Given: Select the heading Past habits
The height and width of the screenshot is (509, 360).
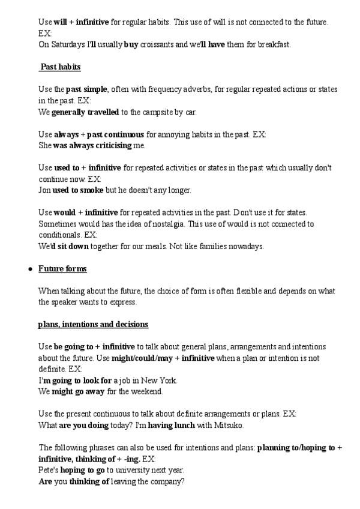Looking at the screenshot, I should tap(61, 66).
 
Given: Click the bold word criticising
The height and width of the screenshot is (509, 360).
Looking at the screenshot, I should tap(124, 145).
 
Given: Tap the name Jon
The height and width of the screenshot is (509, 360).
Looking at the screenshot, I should tap(44, 190).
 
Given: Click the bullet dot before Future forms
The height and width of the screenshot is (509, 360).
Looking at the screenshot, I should tap(29, 269).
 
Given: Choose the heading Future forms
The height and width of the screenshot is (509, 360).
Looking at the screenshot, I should tap(62, 269).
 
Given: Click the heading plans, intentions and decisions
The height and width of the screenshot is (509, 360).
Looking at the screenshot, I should tap(93, 325).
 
